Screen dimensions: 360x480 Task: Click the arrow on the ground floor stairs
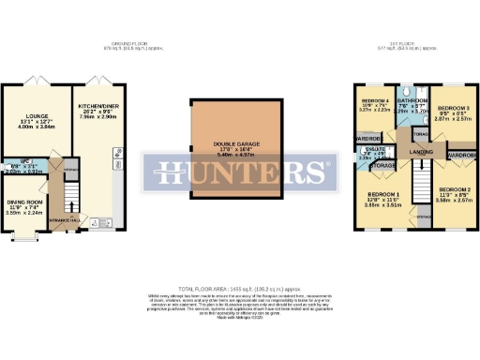click(69, 192)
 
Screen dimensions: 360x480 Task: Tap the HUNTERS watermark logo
click(240, 172)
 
